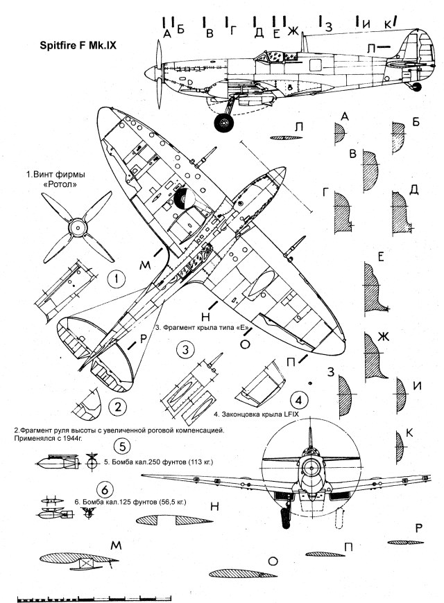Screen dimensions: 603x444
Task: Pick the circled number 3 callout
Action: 184,351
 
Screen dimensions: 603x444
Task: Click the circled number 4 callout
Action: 298,401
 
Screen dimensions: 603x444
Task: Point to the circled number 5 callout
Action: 121,446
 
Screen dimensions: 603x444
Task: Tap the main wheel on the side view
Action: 223,123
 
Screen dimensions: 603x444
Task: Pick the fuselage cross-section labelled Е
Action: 375,290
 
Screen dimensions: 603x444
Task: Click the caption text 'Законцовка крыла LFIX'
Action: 259,414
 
